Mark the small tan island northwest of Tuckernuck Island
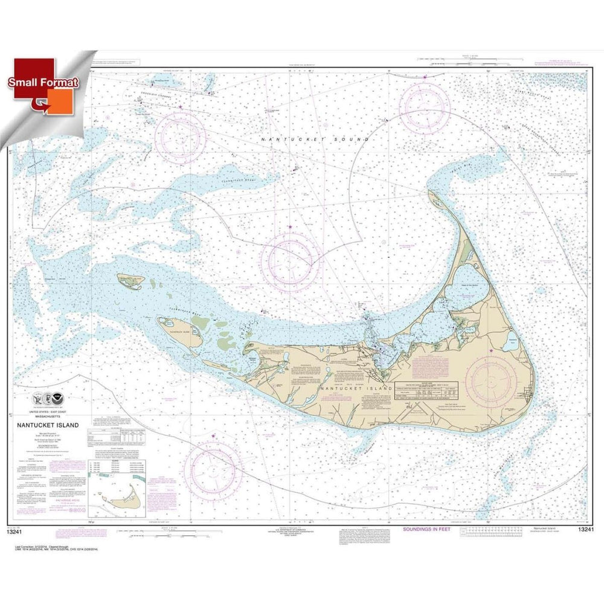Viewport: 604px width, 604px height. coord(132,280)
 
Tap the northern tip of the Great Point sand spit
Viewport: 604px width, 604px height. coord(430,191)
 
